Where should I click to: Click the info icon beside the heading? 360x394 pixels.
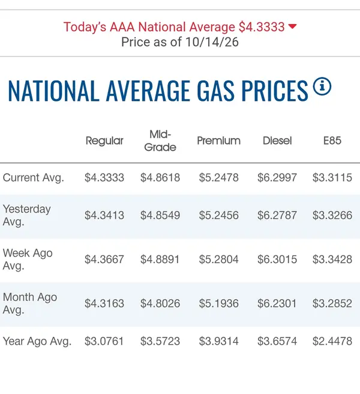tap(322, 86)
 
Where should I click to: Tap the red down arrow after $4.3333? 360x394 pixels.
tap(292, 26)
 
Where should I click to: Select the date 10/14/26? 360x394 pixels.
tap(212, 42)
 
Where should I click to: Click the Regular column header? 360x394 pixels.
tap(104, 141)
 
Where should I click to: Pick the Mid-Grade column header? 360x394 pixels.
tap(160, 141)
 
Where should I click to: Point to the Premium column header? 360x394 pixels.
tap(218, 141)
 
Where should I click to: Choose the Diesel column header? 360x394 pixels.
tap(277, 141)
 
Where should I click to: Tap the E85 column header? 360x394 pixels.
tap(332, 141)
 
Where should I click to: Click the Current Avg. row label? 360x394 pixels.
tap(34, 178)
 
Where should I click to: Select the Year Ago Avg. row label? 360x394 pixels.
tap(37, 341)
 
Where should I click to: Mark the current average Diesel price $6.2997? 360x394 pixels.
tap(277, 178)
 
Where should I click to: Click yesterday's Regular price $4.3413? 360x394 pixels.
tap(104, 216)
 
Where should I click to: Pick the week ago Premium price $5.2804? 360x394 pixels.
tap(218, 259)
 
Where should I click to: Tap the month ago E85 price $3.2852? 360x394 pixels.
tap(332, 303)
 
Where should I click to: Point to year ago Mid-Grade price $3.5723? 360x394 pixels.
tap(160, 341)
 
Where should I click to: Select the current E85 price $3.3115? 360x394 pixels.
tap(332, 178)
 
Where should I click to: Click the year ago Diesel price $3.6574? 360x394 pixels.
tap(277, 341)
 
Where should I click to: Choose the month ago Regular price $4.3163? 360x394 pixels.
tap(104, 303)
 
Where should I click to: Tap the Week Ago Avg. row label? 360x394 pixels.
tap(28, 259)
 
